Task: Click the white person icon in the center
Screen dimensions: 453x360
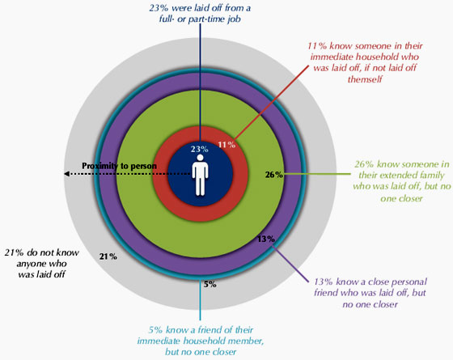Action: tap(200, 175)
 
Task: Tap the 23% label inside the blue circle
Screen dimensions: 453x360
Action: tap(199, 149)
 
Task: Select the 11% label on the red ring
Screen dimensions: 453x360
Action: tap(226, 145)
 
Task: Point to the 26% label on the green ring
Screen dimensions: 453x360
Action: tap(274, 175)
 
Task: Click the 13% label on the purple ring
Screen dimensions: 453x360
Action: tap(266, 239)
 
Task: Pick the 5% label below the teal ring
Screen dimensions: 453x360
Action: tap(210, 284)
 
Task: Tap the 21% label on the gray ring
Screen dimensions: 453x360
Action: tap(108, 256)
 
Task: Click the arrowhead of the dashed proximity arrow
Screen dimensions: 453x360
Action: tap(66, 174)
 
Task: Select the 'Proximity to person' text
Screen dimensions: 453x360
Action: tap(120, 166)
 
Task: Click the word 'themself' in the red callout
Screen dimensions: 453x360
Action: tap(365, 79)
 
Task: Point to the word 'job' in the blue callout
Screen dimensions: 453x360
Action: tap(233, 19)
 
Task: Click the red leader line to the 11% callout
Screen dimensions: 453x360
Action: tap(271, 103)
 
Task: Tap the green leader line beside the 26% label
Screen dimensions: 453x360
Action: tap(316, 174)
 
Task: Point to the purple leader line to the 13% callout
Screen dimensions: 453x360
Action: tap(290, 264)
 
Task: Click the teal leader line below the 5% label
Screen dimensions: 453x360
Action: tap(200, 300)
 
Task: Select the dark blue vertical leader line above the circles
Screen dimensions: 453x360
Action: tap(200, 82)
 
